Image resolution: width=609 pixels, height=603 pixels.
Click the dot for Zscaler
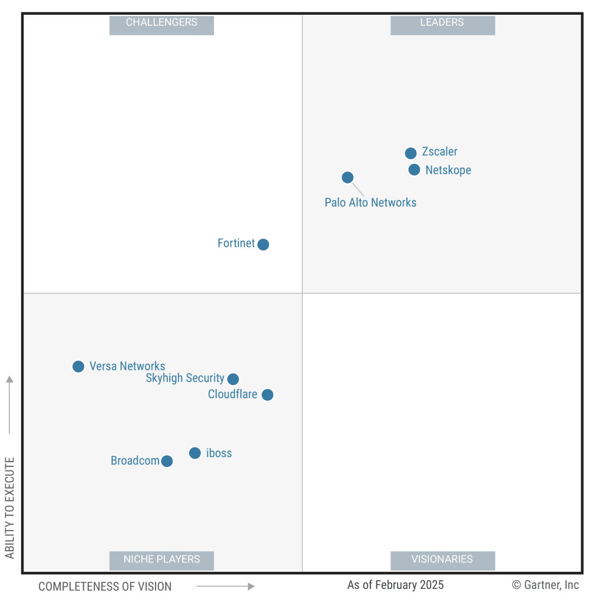coord(411,153)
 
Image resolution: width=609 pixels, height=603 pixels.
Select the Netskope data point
coord(414,170)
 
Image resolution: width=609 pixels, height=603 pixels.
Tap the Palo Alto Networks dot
coord(347,177)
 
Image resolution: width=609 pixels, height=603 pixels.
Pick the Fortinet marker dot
coord(263,244)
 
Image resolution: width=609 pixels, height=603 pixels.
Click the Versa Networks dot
coord(78,367)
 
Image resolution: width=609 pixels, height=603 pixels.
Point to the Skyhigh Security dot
coord(233,379)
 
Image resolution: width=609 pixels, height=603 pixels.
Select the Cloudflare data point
coord(267,395)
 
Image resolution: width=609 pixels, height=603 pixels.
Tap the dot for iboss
coord(195,453)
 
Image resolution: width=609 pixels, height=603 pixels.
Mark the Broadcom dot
coord(167,461)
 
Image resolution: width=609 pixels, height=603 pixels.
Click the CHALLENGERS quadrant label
coord(161,23)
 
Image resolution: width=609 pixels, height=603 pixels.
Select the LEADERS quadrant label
coord(442,23)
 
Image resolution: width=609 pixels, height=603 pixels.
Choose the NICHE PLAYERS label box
coord(161,559)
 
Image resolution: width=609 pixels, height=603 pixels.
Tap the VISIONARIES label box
coord(442,559)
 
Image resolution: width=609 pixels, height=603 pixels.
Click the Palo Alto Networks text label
coord(370,203)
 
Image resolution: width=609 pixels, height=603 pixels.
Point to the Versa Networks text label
coord(127,366)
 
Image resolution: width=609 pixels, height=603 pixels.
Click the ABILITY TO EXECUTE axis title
coord(9,508)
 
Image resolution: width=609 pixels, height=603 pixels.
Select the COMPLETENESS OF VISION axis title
coord(105,587)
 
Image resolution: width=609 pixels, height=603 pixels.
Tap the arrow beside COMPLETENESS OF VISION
coord(225,587)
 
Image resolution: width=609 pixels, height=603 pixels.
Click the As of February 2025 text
coord(395,585)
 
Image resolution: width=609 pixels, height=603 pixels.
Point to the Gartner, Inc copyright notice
coord(545,585)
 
